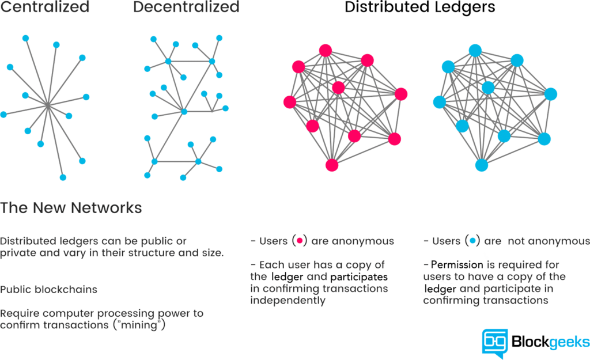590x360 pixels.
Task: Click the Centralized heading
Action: pyautogui.click(x=44, y=7)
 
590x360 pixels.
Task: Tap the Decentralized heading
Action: pyautogui.click(x=186, y=7)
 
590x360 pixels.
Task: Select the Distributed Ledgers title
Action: pyautogui.click(x=420, y=7)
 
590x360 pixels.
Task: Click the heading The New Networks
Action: pyautogui.click(x=71, y=208)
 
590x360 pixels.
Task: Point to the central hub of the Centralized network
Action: pyautogui.click(x=48, y=106)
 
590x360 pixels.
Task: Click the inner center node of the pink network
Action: pyautogui.click(x=338, y=88)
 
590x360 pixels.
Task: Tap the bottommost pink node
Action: pyautogui.click(x=331, y=165)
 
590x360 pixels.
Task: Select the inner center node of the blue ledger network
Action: pyautogui.click(x=488, y=88)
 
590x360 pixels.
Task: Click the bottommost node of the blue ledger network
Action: pyautogui.click(x=482, y=165)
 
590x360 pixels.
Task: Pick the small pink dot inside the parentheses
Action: pyautogui.click(x=300, y=241)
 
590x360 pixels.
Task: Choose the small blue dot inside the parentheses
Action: pyautogui.click(x=472, y=241)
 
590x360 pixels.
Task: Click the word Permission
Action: pyautogui.click(x=457, y=265)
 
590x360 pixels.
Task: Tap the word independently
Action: pyautogui.click(x=288, y=301)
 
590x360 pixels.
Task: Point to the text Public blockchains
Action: pyautogui.click(x=48, y=290)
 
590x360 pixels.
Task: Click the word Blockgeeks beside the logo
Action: pyautogui.click(x=550, y=342)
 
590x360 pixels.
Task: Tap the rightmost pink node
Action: pyautogui.click(x=401, y=94)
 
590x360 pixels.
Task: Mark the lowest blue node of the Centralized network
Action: pyautogui.click(x=63, y=177)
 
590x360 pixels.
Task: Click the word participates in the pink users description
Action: pyautogui.click(x=359, y=277)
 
